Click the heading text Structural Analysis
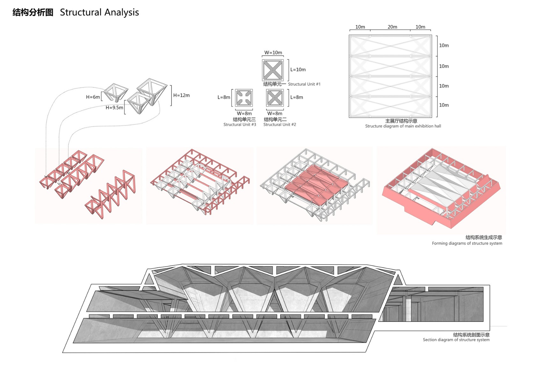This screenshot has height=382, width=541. (x=99, y=12)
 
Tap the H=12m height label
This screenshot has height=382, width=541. (x=181, y=95)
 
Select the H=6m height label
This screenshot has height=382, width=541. (x=93, y=97)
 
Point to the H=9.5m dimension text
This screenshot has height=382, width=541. (x=114, y=108)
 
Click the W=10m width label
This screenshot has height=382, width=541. (x=273, y=53)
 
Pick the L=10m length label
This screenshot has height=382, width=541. (x=298, y=70)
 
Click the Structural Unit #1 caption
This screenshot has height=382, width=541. (x=304, y=84)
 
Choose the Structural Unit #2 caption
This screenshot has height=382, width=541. (x=280, y=124)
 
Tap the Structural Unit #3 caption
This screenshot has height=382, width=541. (x=240, y=124)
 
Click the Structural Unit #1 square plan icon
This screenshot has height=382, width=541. (x=273, y=70)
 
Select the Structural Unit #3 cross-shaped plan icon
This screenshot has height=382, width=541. (x=244, y=98)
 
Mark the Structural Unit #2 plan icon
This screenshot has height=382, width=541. (x=275, y=98)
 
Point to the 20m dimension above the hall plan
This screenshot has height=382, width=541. (x=392, y=27)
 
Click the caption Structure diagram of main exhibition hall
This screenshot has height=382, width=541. (x=403, y=126)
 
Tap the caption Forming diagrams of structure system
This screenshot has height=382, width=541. (x=467, y=243)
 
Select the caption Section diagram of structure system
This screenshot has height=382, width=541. (x=456, y=340)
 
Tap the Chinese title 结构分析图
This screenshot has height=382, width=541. (x=33, y=12)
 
